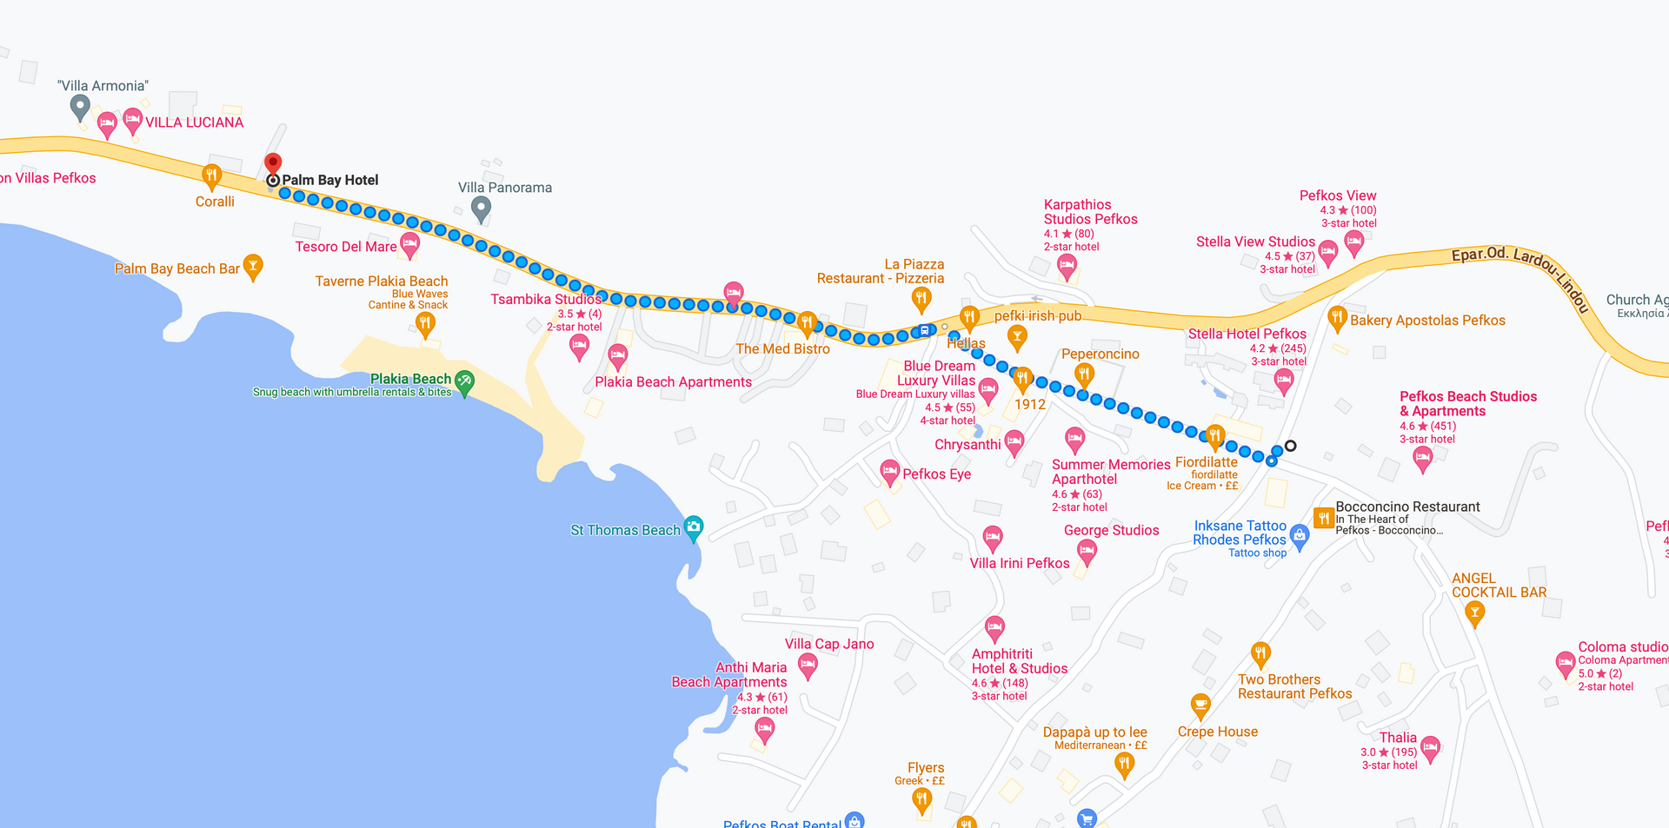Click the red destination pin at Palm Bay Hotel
coord(273,163)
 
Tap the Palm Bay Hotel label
coord(330,181)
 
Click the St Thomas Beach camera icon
coord(694,527)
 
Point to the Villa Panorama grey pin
coord(481,208)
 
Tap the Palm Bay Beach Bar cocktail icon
coord(253,266)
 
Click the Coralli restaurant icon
coord(211,176)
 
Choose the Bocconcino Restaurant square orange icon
coord(1324,518)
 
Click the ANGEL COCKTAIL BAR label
coord(1499,586)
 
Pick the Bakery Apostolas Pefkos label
coord(1427,321)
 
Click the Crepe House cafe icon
coord(1200,705)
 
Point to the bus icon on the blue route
coord(925,331)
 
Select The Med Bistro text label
coord(782,349)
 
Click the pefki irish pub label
coord(1038,316)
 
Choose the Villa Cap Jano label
coord(829,645)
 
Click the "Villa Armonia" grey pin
coord(80,107)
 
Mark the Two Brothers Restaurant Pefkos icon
coord(1260,653)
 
